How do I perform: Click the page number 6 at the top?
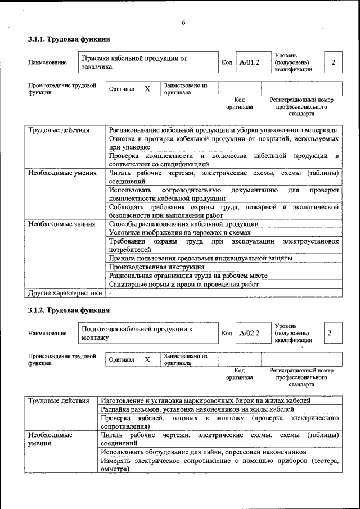[x=183, y=22]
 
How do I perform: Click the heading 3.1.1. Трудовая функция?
[x=69, y=39]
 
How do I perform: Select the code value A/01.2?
[x=249, y=62]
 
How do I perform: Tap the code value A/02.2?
[x=249, y=333]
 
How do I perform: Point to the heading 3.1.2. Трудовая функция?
[x=69, y=310]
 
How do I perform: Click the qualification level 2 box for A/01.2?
[x=333, y=62]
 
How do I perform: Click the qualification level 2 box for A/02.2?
[x=330, y=333]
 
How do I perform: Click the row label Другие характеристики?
[x=65, y=292]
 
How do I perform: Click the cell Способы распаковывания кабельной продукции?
[x=183, y=224]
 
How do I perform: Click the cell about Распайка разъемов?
[x=197, y=409]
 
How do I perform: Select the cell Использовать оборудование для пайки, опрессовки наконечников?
[x=203, y=452]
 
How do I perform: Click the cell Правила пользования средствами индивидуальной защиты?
[x=200, y=258]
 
